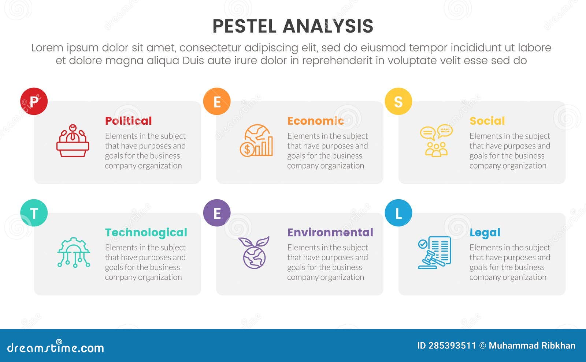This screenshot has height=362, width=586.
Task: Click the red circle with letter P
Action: [34, 101]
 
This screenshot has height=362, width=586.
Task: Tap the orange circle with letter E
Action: [217, 101]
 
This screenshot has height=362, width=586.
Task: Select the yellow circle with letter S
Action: [398, 101]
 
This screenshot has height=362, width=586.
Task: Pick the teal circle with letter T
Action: [34, 213]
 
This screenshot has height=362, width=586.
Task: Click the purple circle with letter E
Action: [217, 213]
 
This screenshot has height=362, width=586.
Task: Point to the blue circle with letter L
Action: [398, 213]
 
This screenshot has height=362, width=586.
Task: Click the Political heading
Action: [128, 121]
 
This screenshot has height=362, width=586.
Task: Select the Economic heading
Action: [315, 121]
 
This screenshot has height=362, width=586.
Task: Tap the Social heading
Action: [487, 121]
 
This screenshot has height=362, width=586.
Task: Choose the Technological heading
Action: [146, 233]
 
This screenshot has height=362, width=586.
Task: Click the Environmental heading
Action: [330, 233]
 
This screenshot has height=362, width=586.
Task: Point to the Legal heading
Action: [485, 233]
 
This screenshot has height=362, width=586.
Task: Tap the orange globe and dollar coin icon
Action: [256, 141]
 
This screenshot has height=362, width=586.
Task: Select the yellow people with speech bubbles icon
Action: [436, 141]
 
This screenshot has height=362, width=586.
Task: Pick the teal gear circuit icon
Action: [74, 253]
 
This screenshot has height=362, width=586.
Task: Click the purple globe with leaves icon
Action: [254, 253]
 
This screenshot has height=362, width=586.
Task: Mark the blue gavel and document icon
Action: [434, 253]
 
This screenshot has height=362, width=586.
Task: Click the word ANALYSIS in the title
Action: [328, 26]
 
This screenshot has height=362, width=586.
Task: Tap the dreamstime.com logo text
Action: [56, 347]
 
